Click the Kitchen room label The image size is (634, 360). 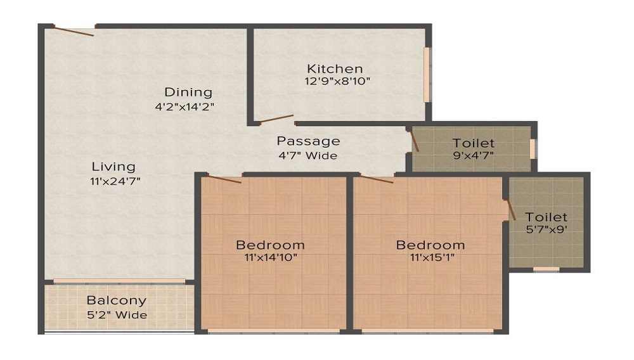(335, 68)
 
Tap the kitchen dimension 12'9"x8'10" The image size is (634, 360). (337, 81)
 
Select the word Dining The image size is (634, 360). (188, 93)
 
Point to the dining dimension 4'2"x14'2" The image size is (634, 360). (185, 107)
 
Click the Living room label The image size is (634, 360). (113, 167)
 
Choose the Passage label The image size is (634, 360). (308, 141)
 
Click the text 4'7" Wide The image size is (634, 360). (307, 155)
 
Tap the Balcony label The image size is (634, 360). (117, 300)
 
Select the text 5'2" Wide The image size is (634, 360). (117, 315)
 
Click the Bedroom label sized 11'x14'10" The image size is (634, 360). (270, 245)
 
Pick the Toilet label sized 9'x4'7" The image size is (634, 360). (473, 143)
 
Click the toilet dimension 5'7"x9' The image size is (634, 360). (546, 230)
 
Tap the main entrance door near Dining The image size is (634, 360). (74, 30)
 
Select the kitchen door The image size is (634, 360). (276, 119)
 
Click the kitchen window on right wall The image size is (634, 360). (427, 74)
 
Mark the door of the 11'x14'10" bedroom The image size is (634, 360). (224, 179)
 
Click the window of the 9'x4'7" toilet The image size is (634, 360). (533, 148)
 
